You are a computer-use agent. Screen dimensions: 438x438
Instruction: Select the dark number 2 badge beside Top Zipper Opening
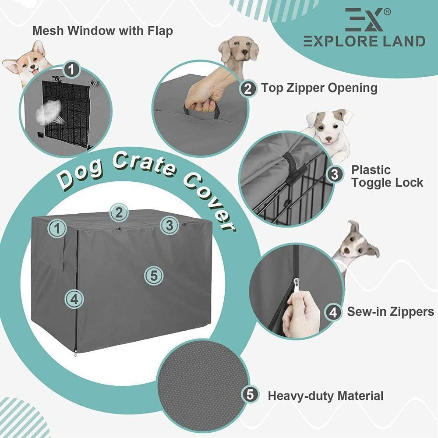pyautogui.click(x=248, y=89)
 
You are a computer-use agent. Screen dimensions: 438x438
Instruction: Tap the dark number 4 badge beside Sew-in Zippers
pyautogui.click(x=333, y=312)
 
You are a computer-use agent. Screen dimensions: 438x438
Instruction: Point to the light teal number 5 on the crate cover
pyautogui.click(x=154, y=276)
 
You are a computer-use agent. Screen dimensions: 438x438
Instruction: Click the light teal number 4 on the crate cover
pyautogui.click(x=74, y=299)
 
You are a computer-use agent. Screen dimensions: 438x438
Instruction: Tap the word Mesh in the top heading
pyautogui.click(x=49, y=31)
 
